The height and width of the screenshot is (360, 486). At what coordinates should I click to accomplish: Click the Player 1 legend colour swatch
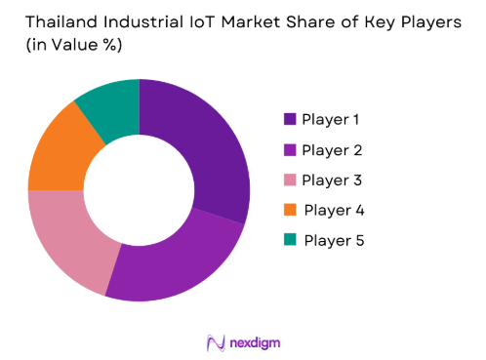pyautogui.click(x=289, y=119)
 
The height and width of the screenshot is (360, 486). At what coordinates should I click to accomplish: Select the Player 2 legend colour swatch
pyautogui.click(x=289, y=149)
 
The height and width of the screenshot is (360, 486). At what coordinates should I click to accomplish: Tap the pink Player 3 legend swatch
pyautogui.click(x=289, y=180)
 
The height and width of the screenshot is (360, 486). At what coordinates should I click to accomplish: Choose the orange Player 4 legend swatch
pyautogui.click(x=289, y=210)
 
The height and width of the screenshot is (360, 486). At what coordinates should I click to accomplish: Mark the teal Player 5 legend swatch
pyautogui.click(x=289, y=240)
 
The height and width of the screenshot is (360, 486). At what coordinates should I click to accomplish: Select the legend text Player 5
pyautogui.click(x=334, y=240)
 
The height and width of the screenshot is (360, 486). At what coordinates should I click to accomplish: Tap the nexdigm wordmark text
pyautogui.click(x=257, y=342)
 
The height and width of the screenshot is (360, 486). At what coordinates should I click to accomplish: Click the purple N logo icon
pyautogui.click(x=217, y=342)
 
